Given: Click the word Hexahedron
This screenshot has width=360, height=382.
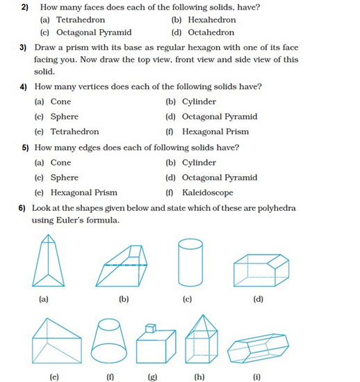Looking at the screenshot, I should [212, 20].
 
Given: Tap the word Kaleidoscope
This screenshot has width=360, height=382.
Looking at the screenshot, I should [208, 193].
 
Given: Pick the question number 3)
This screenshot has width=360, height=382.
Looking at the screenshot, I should [22, 48].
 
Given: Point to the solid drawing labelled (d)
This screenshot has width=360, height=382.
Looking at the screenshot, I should [261, 269].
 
